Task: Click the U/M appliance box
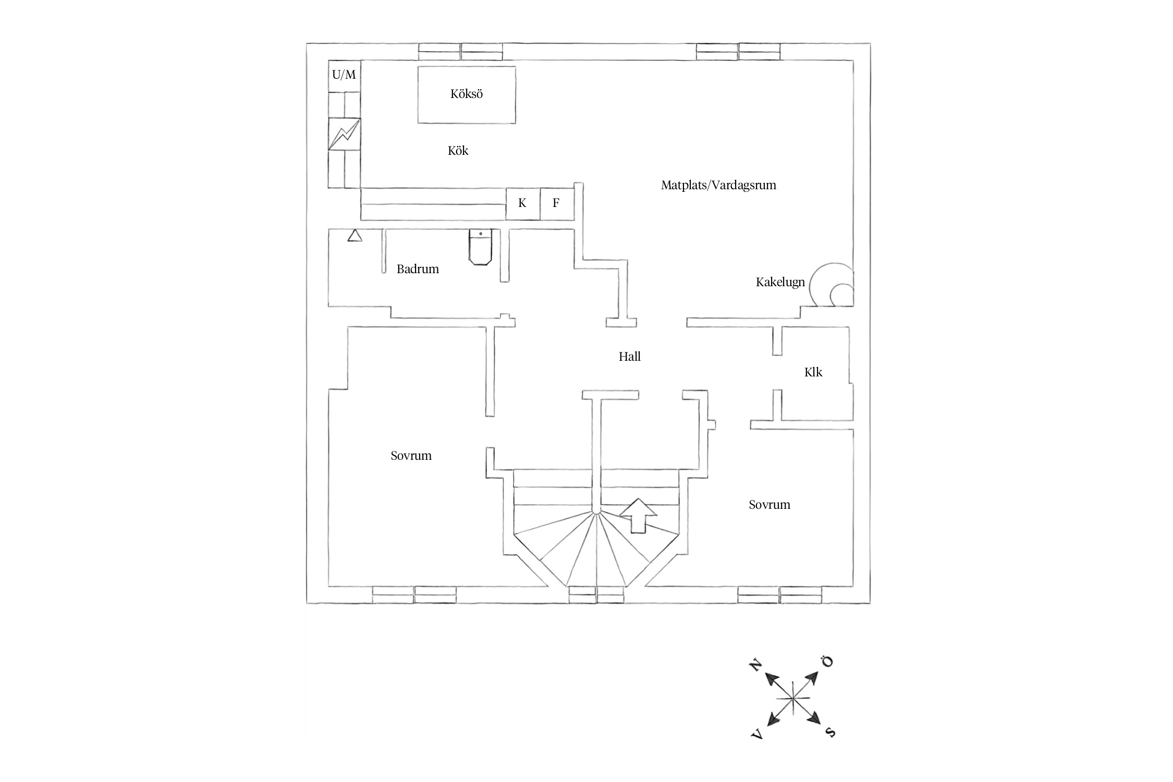(x=344, y=76)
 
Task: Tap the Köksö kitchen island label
(x=467, y=94)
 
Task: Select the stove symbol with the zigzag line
(x=344, y=134)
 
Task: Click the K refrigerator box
(x=522, y=203)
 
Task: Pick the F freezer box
(x=556, y=203)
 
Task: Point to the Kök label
(x=458, y=151)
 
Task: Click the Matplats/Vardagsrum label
(x=718, y=185)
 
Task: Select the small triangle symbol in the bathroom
(x=355, y=236)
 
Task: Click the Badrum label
(x=418, y=270)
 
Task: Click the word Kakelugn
(x=780, y=283)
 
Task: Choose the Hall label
(x=630, y=357)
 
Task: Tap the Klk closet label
(x=813, y=372)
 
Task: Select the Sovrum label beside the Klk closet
(x=769, y=505)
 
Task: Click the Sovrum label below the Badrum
(x=411, y=456)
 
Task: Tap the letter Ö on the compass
(x=827, y=661)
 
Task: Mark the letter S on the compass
(x=830, y=732)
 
